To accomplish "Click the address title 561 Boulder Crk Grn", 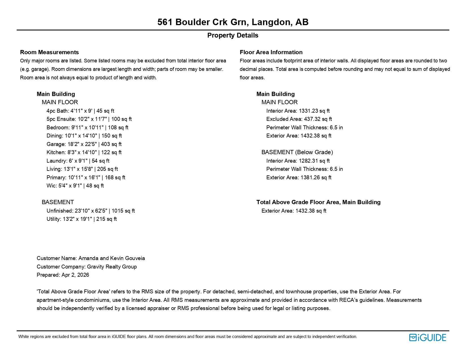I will tap(233, 22).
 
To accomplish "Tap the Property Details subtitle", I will tap(233, 35).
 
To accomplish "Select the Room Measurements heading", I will tap(49, 52).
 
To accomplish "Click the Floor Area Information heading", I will tap(271, 52).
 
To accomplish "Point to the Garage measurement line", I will tap(84, 144).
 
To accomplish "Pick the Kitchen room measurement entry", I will tap(84, 152).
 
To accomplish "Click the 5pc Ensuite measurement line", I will tap(89, 119).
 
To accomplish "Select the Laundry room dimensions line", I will tap(78, 161).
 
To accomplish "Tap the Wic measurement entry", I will tap(75, 186).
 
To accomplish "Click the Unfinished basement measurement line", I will tap(91, 211).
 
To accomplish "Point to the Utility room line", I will tap(82, 219).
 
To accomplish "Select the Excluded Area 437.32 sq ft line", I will tap(299, 119).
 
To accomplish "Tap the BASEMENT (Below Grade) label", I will tap(297, 152).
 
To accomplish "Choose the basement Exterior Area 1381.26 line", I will tap(299, 178).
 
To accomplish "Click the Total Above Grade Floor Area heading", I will tap(318, 202).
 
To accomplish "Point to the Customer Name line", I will tap(91, 258).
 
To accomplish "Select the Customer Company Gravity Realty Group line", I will tap(87, 267).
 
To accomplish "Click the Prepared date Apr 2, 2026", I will tap(75, 275).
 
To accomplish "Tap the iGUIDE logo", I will tap(427, 337).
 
